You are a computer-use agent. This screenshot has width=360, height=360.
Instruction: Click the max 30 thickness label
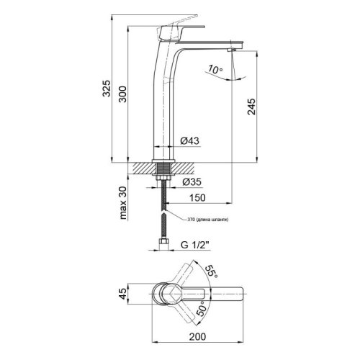pos(123,204)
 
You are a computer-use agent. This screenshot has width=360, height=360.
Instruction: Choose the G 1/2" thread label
pos(191,246)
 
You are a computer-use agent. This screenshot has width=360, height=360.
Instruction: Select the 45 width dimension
pos(122,294)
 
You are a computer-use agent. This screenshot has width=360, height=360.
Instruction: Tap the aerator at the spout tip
pos(232,51)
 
